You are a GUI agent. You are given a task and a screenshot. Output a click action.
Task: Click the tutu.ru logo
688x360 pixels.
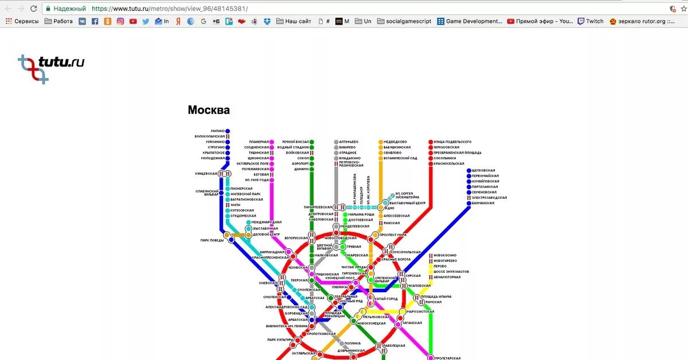[51, 67]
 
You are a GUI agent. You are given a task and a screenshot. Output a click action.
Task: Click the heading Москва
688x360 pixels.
[209, 110]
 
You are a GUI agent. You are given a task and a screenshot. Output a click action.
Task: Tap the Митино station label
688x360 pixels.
[218, 131]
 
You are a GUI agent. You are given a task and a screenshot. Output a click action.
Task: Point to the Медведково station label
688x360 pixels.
[395, 142]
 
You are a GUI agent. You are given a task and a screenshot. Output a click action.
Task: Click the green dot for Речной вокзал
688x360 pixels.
[312, 142]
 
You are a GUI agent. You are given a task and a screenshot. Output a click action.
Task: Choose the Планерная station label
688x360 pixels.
[259, 142]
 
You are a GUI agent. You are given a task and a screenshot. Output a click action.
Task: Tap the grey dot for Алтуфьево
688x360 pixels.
[337, 142]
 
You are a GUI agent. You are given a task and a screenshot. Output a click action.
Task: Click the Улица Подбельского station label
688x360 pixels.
[452, 142]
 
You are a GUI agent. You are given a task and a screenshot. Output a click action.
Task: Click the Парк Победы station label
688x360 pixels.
[212, 240]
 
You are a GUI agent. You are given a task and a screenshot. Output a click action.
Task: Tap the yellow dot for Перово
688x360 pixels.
[431, 266]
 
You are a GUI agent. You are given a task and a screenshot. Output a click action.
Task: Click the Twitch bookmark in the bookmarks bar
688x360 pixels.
[590, 21]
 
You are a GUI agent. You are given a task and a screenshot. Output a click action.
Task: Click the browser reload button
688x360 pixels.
[33, 9]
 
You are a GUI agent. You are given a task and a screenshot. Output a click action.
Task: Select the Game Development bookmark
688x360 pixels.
[470, 21]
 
